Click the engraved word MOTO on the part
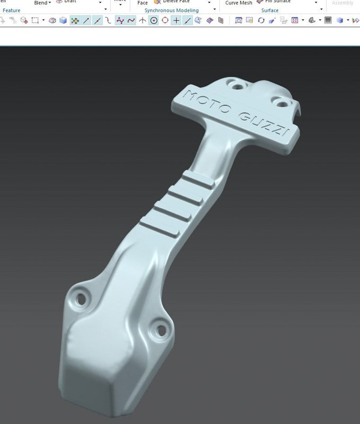pos(206,102)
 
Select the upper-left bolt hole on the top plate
pos(234,84)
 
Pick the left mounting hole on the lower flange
pos(81,297)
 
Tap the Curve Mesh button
pos(239,3)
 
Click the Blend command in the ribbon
pos(41,3)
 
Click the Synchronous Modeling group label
pos(171,11)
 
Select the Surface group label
pos(270,11)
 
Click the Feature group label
pos(11,11)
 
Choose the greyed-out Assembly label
pos(343,3)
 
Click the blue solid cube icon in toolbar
pos(63,21)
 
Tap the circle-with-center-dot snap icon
pos(154,21)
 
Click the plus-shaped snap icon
pos(176,21)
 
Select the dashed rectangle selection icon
pos(35,21)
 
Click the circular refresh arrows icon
pos(261,21)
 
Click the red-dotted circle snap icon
pos(165,21)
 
